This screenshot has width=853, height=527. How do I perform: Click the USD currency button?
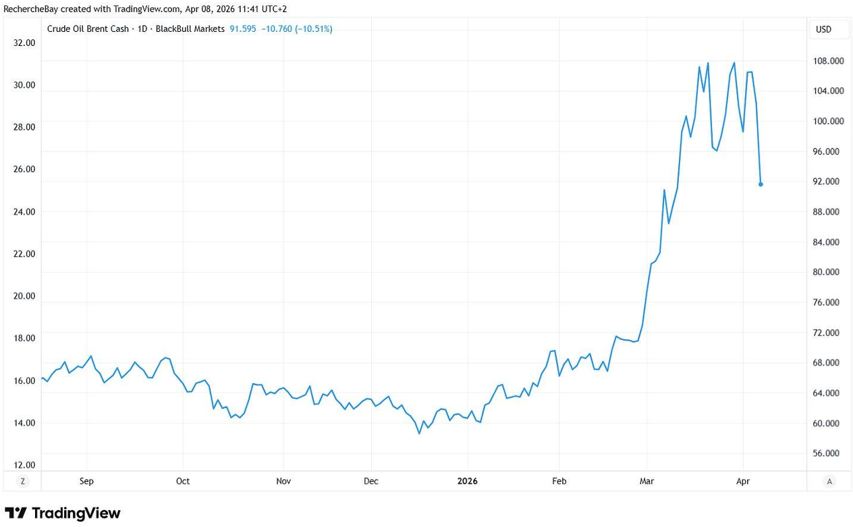[x=823, y=29]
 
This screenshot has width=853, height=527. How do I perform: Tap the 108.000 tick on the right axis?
[x=827, y=61]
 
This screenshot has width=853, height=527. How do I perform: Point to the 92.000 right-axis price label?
[x=827, y=182]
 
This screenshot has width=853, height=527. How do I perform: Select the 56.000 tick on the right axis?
[x=827, y=453]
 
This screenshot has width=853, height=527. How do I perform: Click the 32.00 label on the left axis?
[x=24, y=43]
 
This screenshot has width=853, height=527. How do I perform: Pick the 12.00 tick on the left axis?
[x=24, y=466]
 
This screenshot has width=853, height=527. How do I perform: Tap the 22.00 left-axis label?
[x=24, y=254]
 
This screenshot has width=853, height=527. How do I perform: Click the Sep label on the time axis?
[x=86, y=481]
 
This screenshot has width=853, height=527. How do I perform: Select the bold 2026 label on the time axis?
[x=467, y=481]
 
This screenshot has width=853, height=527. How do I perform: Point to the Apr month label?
[x=743, y=481]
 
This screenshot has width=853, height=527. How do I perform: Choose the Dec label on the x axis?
[x=371, y=481]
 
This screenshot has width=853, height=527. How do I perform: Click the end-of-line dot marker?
[x=761, y=184]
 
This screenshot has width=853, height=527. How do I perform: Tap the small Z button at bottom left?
[x=23, y=481]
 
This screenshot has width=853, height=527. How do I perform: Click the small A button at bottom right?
[x=829, y=481]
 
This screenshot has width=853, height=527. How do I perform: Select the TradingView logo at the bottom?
[x=62, y=513]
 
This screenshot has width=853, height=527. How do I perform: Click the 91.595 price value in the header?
[x=243, y=29]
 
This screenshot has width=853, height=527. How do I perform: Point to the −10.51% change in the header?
[x=313, y=29]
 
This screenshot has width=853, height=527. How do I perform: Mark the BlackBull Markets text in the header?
[x=190, y=29]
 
